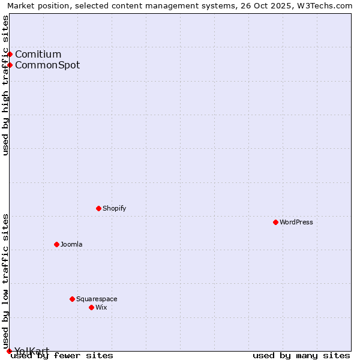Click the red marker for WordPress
(275, 222)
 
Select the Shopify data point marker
(98, 208)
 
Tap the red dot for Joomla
(56, 244)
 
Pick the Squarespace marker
(72, 299)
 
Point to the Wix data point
(91, 307)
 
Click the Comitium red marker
(10, 54)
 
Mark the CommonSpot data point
(10, 65)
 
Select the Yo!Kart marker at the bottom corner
(9, 351)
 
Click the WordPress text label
(296, 222)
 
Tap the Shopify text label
(114, 208)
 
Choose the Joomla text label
(71, 244)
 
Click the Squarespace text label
(97, 299)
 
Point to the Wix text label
(101, 307)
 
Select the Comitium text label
(38, 54)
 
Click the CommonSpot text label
(47, 65)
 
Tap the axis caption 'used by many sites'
(301, 356)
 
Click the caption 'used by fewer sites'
(62, 356)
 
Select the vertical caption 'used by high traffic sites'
(5, 85)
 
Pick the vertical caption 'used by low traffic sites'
(5, 277)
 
